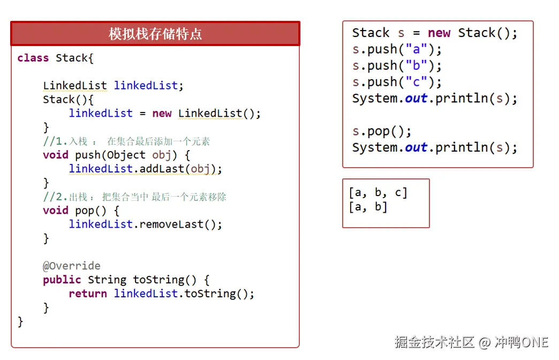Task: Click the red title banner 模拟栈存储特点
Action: point(155,34)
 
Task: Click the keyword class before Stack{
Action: point(33,58)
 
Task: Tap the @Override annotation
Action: point(71,266)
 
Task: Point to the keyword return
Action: point(88,294)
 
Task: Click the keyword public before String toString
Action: point(62,280)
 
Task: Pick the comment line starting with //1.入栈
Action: point(126,141)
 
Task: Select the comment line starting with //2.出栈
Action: point(134,197)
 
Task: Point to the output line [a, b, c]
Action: point(378,192)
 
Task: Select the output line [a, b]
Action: point(368,206)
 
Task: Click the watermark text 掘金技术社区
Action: point(434,342)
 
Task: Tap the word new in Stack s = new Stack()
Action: point(439,33)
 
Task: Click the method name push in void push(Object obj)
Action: point(88,155)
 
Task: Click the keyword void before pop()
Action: point(56,210)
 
